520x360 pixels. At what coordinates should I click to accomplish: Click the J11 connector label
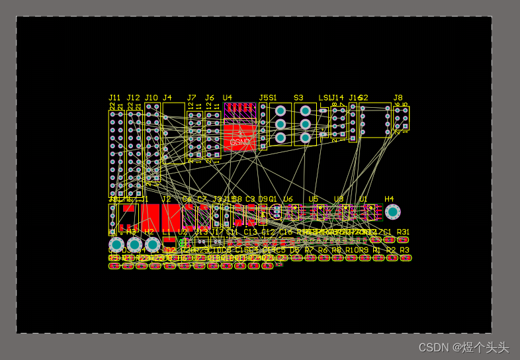click(x=115, y=98)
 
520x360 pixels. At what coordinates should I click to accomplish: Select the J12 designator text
click(x=133, y=98)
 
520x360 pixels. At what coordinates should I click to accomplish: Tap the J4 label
click(x=167, y=98)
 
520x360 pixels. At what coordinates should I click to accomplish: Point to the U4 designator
click(x=228, y=98)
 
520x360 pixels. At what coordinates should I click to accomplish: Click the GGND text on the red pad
click(x=239, y=142)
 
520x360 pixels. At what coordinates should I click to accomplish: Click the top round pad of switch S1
click(x=281, y=111)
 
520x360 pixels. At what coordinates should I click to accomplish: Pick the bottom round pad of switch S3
click(x=305, y=138)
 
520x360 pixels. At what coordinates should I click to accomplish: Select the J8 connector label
click(x=398, y=98)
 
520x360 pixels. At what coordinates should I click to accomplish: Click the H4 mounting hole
click(x=392, y=212)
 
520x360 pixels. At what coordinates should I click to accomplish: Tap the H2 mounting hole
click(x=152, y=245)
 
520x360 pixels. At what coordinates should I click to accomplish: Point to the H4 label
click(x=389, y=199)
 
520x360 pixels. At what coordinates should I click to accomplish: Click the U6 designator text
click(x=288, y=199)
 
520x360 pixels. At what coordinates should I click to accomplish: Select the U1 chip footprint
click(x=370, y=212)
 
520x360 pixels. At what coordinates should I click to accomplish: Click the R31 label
click(x=403, y=232)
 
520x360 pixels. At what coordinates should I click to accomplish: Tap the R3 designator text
click(x=405, y=250)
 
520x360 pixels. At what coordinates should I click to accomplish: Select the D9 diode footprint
click(x=263, y=213)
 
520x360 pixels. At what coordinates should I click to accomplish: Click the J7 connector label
click(x=191, y=98)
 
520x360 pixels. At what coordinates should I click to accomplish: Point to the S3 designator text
click(x=298, y=98)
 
